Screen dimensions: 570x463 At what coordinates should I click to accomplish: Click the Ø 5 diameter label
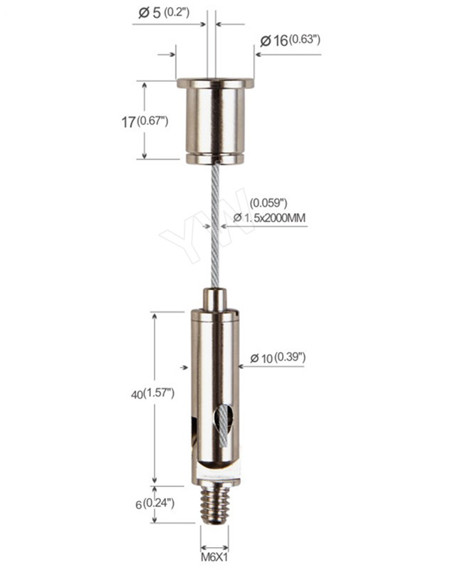pyautogui.click(x=150, y=13)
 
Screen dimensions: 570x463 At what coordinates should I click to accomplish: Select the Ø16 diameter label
pyautogui.click(x=274, y=41)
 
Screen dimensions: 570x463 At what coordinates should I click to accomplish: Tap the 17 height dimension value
pyautogui.click(x=128, y=122)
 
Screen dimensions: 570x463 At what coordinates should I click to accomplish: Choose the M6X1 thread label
pyautogui.click(x=214, y=556)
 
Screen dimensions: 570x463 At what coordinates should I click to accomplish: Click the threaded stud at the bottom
pyautogui.click(x=214, y=503)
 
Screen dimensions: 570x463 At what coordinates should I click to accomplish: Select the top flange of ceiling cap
pyautogui.click(x=215, y=83)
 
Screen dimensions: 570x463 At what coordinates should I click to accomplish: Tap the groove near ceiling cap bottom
pyautogui.click(x=215, y=151)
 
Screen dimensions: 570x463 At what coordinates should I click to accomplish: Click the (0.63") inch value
pyautogui.click(x=305, y=40)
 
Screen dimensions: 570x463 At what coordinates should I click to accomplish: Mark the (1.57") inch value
pyautogui.click(x=159, y=393)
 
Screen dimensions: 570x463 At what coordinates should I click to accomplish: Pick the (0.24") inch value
pyautogui.click(x=158, y=503)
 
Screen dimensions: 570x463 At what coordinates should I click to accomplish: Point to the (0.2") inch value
pyautogui.click(x=175, y=13)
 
